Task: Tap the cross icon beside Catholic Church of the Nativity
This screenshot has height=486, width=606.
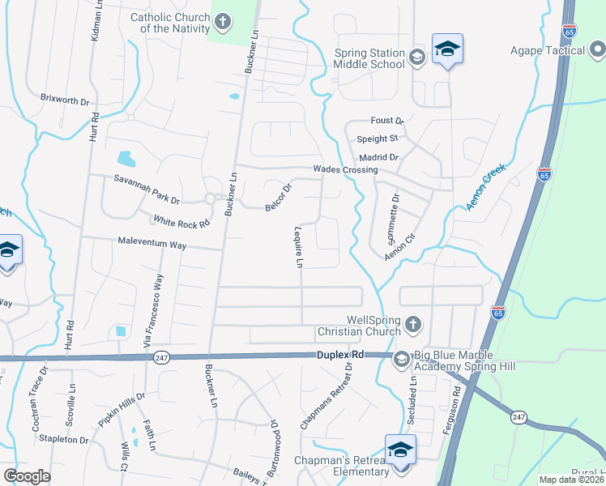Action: [x=222, y=21]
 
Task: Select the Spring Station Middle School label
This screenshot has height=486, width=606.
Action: [x=369, y=58]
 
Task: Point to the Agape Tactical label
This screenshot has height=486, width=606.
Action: [x=548, y=50]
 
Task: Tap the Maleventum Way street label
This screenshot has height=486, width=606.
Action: [x=152, y=243]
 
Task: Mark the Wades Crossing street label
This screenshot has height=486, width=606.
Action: [x=346, y=170]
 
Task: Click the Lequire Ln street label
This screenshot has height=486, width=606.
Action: [x=298, y=246]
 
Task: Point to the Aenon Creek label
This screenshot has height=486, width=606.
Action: [x=486, y=187]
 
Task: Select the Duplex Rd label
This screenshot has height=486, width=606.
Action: [x=341, y=355]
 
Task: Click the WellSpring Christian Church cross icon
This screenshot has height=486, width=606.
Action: [x=412, y=325]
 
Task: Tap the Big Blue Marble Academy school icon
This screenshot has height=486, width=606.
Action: [x=400, y=358]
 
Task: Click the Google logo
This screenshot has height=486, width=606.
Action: [x=28, y=476]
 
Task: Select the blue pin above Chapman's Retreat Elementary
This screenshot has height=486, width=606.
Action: [x=400, y=450]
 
